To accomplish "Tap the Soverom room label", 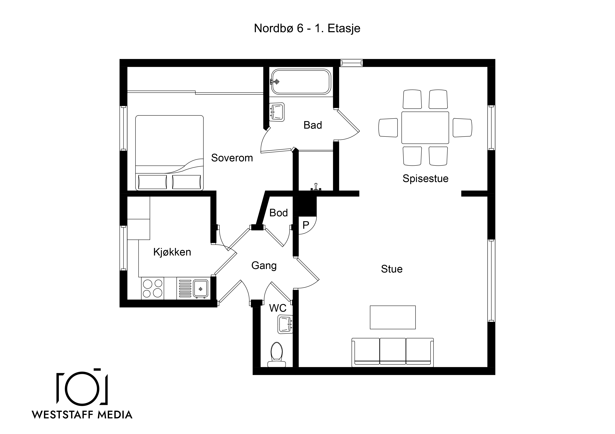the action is click(x=232, y=158).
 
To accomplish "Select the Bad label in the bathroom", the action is click(x=313, y=125).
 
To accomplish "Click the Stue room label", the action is click(x=392, y=269).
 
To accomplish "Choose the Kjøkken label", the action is click(x=172, y=252).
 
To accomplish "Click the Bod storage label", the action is click(x=279, y=213).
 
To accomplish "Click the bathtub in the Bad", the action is click(x=301, y=82).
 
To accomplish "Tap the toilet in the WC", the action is click(x=277, y=354).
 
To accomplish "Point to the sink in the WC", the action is click(x=285, y=324).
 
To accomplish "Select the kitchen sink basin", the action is click(x=200, y=289).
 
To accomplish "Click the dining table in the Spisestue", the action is click(x=425, y=128).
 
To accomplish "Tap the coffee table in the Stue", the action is click(x=393, y=317).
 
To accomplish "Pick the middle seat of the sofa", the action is click(x=393, y=351).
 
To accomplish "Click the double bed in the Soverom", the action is click(x=170, y=153).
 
